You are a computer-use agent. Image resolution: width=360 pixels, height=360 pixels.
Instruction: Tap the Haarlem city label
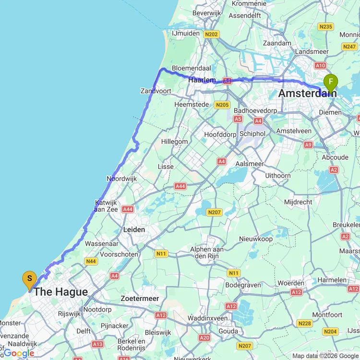(202, 80)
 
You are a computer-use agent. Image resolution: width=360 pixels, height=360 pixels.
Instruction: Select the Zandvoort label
(156, 91)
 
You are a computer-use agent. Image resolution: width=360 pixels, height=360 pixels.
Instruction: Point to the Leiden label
(134, 229)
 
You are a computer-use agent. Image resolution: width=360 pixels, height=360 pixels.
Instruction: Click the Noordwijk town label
(121, 179)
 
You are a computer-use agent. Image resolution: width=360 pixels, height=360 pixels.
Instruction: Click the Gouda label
(228, 331)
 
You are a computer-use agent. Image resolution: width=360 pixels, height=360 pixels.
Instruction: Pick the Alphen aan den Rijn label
(207, 252)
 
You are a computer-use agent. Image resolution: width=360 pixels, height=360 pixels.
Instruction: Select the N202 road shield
(211, 34)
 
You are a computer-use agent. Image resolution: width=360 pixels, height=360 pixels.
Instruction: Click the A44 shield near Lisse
(180, 186)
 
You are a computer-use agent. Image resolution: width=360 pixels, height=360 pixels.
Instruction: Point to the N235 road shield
(325, 27)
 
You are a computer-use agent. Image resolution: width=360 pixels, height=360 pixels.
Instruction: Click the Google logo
(19, 353)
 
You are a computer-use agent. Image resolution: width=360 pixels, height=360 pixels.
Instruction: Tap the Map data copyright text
(324, 356)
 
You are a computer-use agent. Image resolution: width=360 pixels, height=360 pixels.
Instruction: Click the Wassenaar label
(101, 244)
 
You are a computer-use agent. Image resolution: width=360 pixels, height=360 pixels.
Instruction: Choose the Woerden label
(290, 283)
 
